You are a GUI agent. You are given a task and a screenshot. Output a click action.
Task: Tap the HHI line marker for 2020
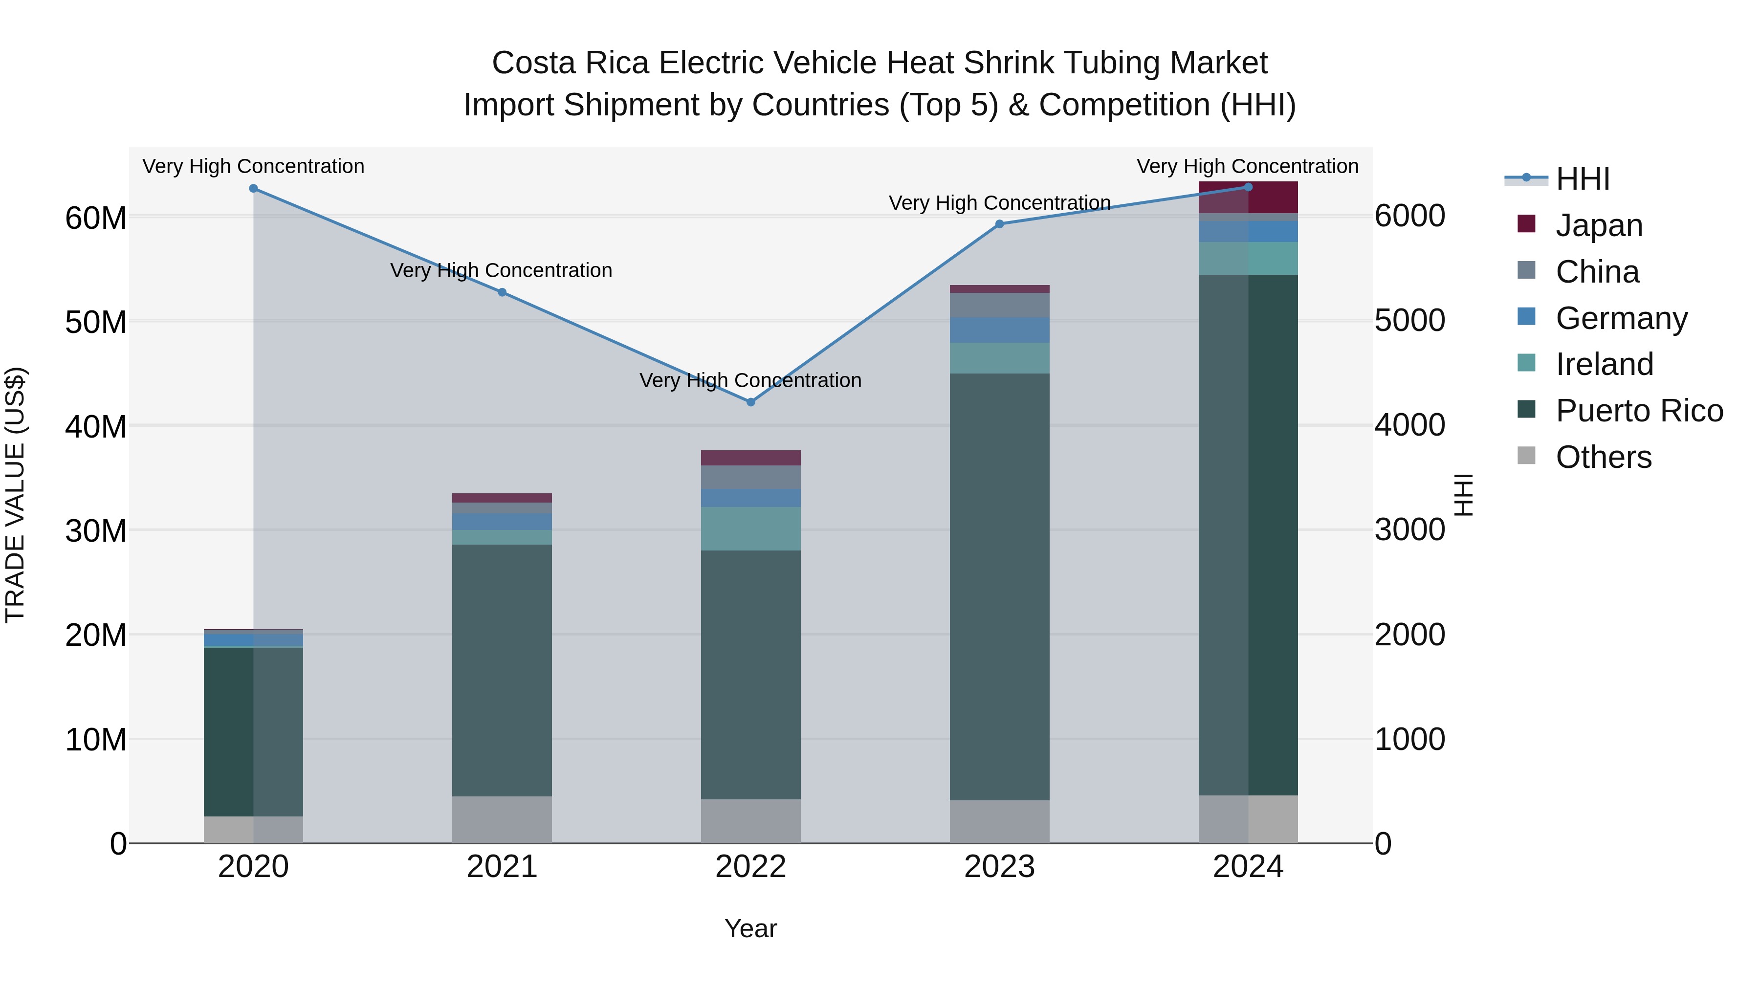(253, 189)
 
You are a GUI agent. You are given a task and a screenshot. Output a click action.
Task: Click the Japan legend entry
(1598, 225)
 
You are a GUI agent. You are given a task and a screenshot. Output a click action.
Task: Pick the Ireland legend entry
(1604, 364)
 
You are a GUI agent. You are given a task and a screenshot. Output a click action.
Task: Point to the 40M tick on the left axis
(96, 426)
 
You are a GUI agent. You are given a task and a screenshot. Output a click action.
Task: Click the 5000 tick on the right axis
(1409, 320)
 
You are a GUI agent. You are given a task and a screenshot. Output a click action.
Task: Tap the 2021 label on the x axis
(502, 867)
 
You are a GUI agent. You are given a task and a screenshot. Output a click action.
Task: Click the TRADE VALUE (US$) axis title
(16, 495)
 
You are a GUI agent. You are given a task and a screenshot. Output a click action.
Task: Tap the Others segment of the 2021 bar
(502, 819)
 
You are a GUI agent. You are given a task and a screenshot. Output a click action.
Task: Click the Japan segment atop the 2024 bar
(1248, 198)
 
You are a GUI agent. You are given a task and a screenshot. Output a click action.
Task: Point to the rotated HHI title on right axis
(1463, 495)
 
